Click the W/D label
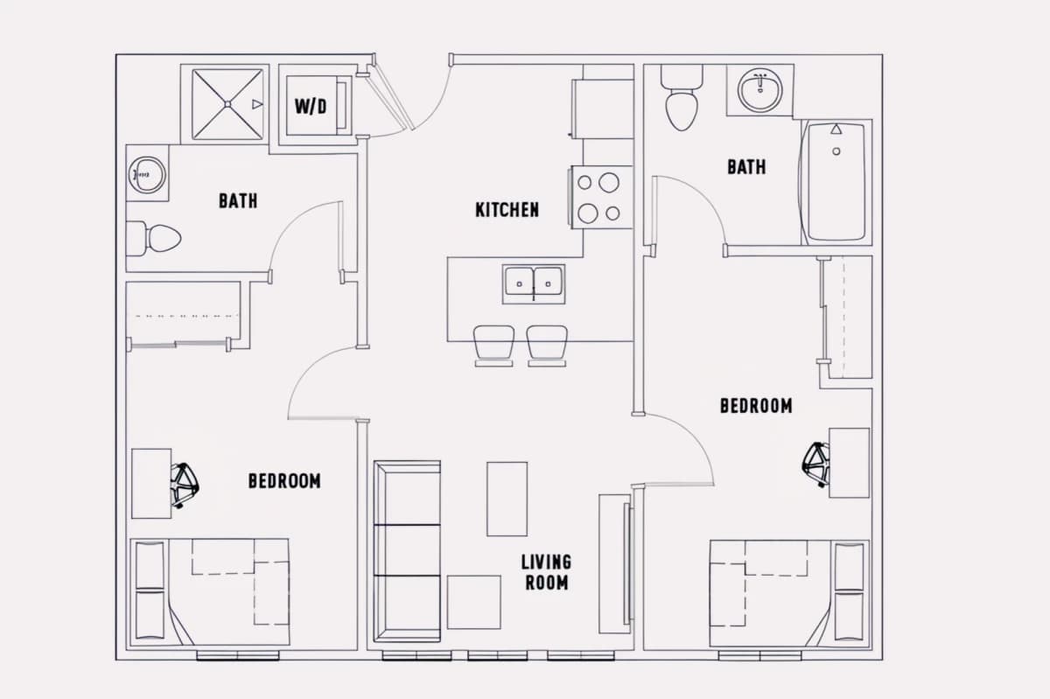tap(311, 107)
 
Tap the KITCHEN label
tap(507, 210)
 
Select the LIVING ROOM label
tap(547, 572)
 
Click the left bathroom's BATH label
tap(238, 201)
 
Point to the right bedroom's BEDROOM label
tap(756, 406)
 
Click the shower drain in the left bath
tap(227, 104)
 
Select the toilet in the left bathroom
tap(154, 239)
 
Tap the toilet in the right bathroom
tap(682, 98)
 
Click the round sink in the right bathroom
tap(759, 90)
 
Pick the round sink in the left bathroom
tap(147, 175)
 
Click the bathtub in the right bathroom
tap(835, 182)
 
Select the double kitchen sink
tap(534, 284)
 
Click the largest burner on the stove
tap(609, 182)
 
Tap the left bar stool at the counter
tap(494, 346)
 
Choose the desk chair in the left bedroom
tap(185, 486)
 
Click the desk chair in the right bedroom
tap(815, 465)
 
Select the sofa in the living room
tap(407, 551)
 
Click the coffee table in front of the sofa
tap(507, 499)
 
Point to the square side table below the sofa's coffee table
tap(474, 602)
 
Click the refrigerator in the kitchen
tap(602, 109)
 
